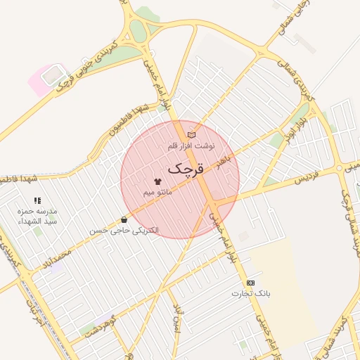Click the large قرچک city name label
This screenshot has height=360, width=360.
[185, 168]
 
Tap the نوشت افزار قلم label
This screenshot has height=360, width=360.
[191, 146]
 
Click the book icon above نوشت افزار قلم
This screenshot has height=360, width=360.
[191, 134]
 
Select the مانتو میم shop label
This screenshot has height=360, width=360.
[157, 192]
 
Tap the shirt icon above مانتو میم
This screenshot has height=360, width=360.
[157, 181]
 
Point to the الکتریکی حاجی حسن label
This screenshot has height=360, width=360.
[124, 230]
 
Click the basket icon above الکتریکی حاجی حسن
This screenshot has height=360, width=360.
[124, 219]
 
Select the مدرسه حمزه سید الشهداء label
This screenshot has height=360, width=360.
[37, 216]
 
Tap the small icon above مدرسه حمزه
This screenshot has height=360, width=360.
[37, 200]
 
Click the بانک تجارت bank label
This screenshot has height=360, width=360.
[252, 292]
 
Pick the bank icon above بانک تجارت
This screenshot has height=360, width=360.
[251, 281]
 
